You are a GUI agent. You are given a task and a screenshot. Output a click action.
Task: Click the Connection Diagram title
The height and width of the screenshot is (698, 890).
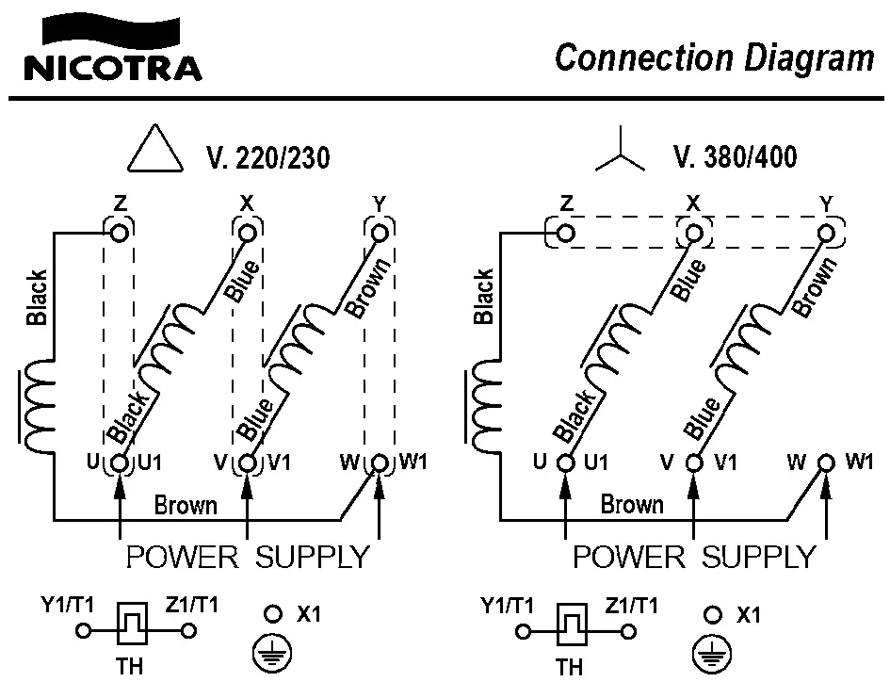pyautogui.click(x=714, y=57)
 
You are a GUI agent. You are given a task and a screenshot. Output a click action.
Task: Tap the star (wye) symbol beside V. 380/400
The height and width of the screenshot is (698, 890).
pyautogui.click(x=620, y=154)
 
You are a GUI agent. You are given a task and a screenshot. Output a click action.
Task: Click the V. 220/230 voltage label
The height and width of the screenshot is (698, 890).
pyautogui.click(x=267, y=157)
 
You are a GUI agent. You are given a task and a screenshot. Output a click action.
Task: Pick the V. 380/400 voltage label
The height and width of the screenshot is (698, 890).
pyautogui.click(x=736, y=156)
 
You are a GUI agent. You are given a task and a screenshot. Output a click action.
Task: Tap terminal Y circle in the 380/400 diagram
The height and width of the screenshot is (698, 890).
pyautogui.click(x=827, y=232)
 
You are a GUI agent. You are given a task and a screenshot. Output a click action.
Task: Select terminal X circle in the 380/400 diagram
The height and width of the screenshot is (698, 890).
pyautogui.click(x=694, y=232)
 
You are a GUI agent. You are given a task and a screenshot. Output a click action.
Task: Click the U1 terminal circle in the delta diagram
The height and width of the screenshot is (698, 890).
pyautogui.click(x=121, y=463)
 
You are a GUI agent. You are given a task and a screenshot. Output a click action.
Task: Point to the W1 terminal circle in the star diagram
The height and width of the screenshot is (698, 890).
pyautogui.click(x=826, y=463)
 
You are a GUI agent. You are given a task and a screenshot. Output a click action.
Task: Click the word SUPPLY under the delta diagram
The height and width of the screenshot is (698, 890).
pyautogui.click(x=312, y=558)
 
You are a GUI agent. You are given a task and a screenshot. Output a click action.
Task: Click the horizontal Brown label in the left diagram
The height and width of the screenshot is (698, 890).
pyautogui.click(x=186, y=506)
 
